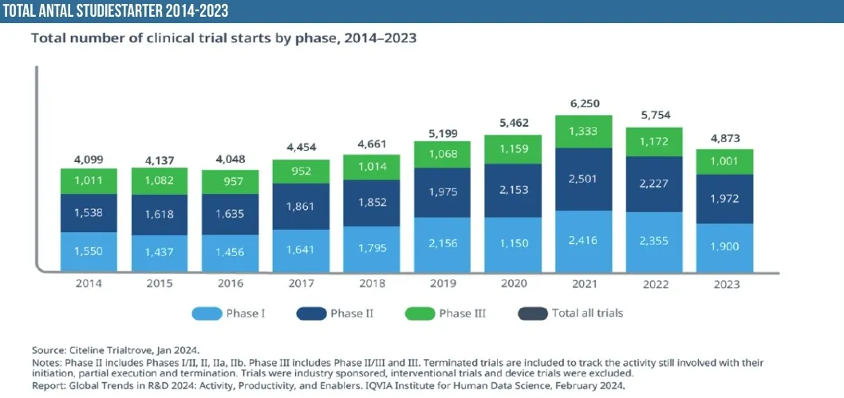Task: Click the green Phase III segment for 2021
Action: click(x=583, y=132)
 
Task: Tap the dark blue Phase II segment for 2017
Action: click(x=301, y=207)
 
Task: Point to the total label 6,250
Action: click(x=584, y=104)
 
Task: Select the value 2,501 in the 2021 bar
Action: click(x=583, y=179)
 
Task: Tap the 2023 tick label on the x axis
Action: click(x=725, y=284)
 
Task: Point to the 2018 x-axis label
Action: click(x=371, y=284)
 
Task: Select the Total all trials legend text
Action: click(x=587, y=313)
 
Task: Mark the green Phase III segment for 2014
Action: click(x=89, y=182)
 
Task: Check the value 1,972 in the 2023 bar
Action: click(x=725, y=199)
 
